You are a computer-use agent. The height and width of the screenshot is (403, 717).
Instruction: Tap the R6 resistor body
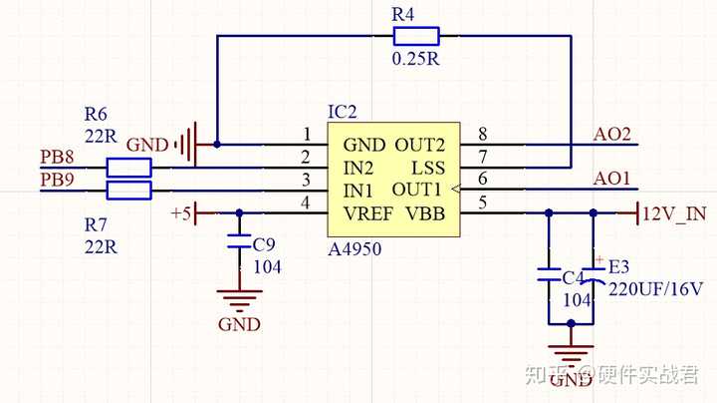[x=128, y=167]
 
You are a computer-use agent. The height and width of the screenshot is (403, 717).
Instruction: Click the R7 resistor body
[x=128, y=190]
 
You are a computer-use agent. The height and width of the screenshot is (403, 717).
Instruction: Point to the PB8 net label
[x=56, y=156]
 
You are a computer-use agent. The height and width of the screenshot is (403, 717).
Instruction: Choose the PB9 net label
[x=56, y=180]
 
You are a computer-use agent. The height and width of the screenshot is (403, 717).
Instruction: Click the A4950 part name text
[x=354, y=248]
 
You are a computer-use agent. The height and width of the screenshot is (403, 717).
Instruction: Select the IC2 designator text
[x=342, y=111]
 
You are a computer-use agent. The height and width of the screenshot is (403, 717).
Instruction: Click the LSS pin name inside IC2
[x=427, y=167]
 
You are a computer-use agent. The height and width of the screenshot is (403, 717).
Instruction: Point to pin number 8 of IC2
[x=482, y=135]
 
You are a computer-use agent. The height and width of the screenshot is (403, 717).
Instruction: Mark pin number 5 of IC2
[x=482, y=204]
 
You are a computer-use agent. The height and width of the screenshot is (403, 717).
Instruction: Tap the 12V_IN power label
[x=675, y=212]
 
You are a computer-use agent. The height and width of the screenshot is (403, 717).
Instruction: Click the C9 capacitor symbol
[x=239, y=242]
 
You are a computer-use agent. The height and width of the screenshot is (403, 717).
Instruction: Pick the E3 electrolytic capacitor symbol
[x=595, y=273]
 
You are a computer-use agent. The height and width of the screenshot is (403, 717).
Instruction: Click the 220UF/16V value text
[x=655, y=289]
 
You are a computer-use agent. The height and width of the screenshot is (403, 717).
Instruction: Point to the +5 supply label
[x=180, y=212]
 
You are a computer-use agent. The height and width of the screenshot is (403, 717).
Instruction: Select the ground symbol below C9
[x=239, y=297]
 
